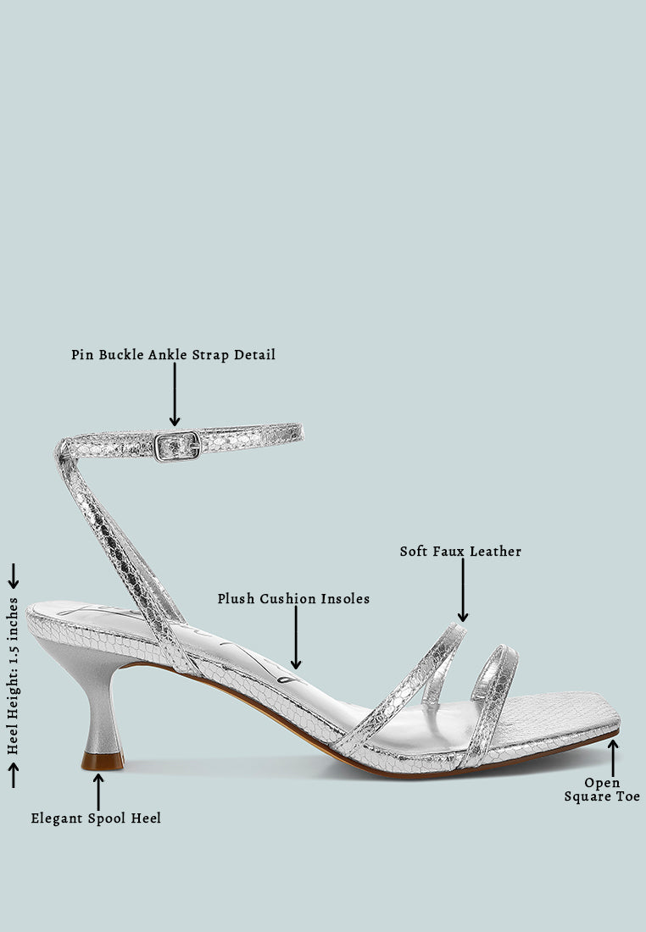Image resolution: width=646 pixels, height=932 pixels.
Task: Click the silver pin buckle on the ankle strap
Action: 177,446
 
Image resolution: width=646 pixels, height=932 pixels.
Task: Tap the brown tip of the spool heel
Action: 103,762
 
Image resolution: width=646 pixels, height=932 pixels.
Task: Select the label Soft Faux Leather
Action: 460,552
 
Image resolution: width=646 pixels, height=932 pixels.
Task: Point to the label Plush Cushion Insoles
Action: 293,598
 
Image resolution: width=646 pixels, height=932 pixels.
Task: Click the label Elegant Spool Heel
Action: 96,818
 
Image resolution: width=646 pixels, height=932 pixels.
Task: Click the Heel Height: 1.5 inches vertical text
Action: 13,676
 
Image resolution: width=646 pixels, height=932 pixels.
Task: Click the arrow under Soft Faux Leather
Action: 463,590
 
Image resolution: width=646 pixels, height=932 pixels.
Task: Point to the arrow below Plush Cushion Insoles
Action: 296,637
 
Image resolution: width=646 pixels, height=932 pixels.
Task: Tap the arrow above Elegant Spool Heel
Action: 98,791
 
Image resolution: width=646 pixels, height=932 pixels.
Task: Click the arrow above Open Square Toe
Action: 613,757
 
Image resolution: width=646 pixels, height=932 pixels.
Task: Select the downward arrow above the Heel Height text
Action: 13,576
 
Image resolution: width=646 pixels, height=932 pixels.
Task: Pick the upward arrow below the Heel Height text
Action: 13,775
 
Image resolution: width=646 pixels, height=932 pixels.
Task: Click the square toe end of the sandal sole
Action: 613,719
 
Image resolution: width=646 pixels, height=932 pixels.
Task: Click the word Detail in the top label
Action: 254,355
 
